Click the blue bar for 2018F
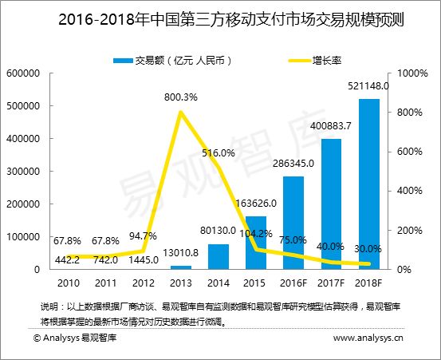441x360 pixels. click(369, 184)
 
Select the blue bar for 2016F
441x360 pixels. click(293, 223)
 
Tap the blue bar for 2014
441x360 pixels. click(219, 257)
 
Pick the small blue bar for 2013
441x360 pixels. click(181, 267)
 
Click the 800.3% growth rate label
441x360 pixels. click(181, 97)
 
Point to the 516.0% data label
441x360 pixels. click(219, 152)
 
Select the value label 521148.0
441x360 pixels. click(368, 85)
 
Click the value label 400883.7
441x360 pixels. click(331, 126)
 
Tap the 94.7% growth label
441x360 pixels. click(143, 235)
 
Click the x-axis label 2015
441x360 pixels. click(254, 283)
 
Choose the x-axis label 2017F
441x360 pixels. click(331, 283)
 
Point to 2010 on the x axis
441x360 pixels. click(69, 283)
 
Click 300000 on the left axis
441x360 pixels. click(23, 171)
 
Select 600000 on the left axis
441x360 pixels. click(23, 73)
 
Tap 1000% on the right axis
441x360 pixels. click(412, 73)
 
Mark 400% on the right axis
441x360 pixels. click(410, 191)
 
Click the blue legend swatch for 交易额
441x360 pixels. click(123, 61)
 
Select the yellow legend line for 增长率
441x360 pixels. click(300, 61)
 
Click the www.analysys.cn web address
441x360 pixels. click(368, 338)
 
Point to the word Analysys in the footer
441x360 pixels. click(61, 338)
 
